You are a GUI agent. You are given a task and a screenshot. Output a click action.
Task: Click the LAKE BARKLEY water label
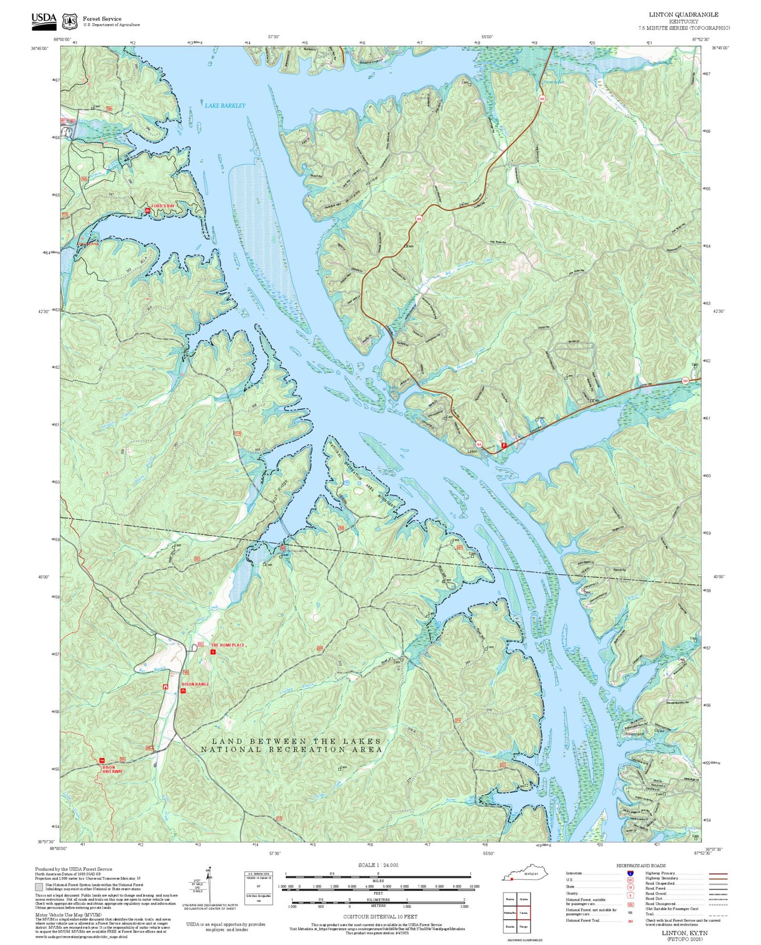tap(225, 105)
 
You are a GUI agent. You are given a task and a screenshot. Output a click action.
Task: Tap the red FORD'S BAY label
tap(163, 206)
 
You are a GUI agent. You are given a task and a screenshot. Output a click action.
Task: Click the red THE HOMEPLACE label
tap(228, 645)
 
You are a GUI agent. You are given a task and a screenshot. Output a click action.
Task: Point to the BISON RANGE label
tap(195, 684)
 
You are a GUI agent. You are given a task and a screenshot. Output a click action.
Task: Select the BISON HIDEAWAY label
tap(112, 770)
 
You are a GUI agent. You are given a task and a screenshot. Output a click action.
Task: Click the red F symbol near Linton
tap(504, 446)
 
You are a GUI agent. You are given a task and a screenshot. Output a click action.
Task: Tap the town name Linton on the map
tap(472, 451)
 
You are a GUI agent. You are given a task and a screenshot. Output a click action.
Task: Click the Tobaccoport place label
tap(634, 733)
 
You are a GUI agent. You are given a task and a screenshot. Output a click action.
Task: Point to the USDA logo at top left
tap(44, 19)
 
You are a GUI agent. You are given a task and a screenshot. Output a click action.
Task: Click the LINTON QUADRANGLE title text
tap(683, 15)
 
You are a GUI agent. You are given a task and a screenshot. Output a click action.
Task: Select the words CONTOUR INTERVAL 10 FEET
tap(380, 917)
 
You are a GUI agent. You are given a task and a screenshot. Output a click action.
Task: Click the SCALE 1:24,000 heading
tap(378, 865)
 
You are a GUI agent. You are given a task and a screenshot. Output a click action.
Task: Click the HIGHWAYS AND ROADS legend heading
tap(641, 865)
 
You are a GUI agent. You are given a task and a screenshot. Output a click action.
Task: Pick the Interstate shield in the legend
tap(630, 873)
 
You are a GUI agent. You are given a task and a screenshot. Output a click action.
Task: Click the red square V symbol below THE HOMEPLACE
tap(213, 652)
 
